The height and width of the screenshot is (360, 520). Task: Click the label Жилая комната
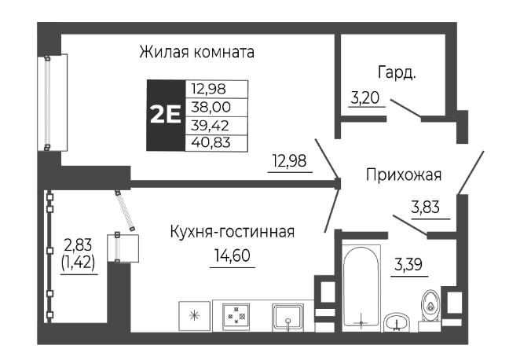click(197, 53)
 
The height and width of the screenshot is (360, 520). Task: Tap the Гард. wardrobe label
click(396, 73)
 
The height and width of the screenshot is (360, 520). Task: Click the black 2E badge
click(165, 115)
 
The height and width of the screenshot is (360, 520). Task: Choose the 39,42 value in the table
click(216, 124)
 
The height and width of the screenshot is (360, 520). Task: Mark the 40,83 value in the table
click(216, 142)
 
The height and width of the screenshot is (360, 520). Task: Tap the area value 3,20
click(364, 99)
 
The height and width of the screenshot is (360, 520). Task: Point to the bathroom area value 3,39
click(410, 262)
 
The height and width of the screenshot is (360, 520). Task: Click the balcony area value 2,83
click(79, 247)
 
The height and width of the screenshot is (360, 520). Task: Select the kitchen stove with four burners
click(236, 315)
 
